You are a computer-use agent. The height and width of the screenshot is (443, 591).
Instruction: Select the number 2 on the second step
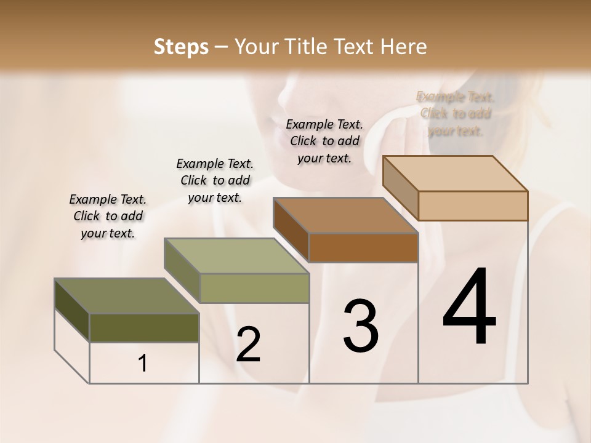pos(248,345)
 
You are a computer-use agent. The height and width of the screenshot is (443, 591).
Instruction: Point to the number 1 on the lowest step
pos(143,364)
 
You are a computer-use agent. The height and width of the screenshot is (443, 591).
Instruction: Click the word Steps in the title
pos(181,47)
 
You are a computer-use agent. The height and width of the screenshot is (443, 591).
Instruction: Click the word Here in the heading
pos(403,47)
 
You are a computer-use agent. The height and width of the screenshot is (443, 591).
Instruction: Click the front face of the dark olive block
pos(144,328)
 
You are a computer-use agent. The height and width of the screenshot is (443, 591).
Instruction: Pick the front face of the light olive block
pos(254,288)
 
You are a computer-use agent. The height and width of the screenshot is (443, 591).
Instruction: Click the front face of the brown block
pos(363,247)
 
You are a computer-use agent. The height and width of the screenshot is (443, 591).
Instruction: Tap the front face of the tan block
pos(473,206)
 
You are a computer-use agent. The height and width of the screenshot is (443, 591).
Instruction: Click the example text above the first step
pos(108,216)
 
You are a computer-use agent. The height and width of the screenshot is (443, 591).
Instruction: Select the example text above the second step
pos(215,180)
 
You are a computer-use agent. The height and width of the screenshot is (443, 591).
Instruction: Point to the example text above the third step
pos(324,141)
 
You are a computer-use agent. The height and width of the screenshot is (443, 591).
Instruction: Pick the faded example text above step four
pos(456,113)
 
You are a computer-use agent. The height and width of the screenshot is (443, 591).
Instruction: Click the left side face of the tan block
pos(400,188)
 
